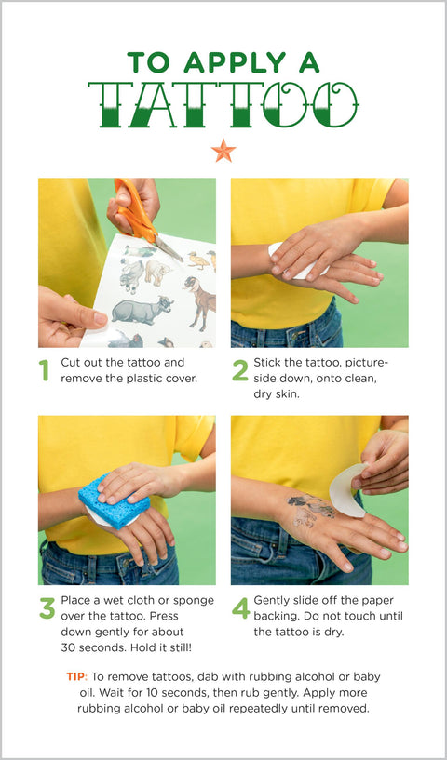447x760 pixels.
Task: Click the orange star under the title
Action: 223,151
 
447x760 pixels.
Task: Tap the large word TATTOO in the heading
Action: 223,104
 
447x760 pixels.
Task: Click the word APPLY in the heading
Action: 235,62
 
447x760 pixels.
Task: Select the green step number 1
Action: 45,370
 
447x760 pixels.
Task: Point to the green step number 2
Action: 239,370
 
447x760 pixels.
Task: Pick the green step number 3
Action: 47,608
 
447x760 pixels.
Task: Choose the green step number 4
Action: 240,608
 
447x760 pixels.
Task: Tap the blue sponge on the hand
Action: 115,501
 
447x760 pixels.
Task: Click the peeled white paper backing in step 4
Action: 347,490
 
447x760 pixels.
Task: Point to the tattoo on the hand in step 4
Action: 311,510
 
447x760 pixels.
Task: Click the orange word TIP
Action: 76,676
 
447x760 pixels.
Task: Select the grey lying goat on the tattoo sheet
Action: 142,310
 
